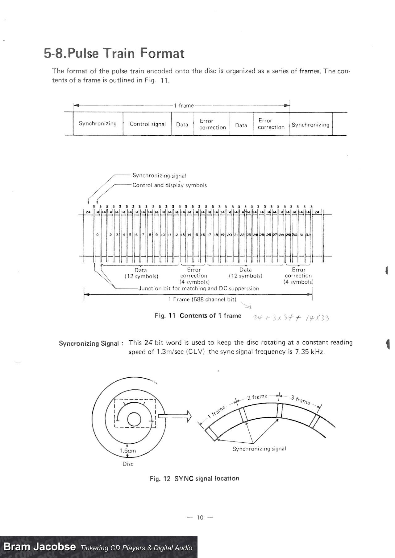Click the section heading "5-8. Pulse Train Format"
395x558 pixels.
tap(114, 53)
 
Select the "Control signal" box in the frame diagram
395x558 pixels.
tap(148, 124)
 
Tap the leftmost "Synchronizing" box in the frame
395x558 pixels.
tap(98, 124)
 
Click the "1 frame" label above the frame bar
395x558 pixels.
tap(184, 106)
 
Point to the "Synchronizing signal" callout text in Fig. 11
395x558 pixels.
tap(159, 175)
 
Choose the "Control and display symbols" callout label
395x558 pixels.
tap(169, 185)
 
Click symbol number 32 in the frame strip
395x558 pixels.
tap(308, 235)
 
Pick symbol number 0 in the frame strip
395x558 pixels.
tap(97, 235)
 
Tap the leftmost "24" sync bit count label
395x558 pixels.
tap(88, 212)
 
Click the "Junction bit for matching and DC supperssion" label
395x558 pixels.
tap(199, 289)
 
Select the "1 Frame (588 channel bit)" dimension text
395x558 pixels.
tap(202, 299)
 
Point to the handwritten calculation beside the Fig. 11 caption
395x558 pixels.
tap(291, 318)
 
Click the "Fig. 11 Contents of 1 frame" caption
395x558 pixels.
tap(198, 316)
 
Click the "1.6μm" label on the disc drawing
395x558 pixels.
tap(128, 451)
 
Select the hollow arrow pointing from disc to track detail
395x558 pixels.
tap(175, 416)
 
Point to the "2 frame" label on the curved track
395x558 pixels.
tap(257, 397)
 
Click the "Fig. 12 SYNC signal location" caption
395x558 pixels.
tap(194, 478)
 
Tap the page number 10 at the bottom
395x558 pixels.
tap(200, 518)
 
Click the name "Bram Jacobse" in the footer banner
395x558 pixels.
tap(39, 547)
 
